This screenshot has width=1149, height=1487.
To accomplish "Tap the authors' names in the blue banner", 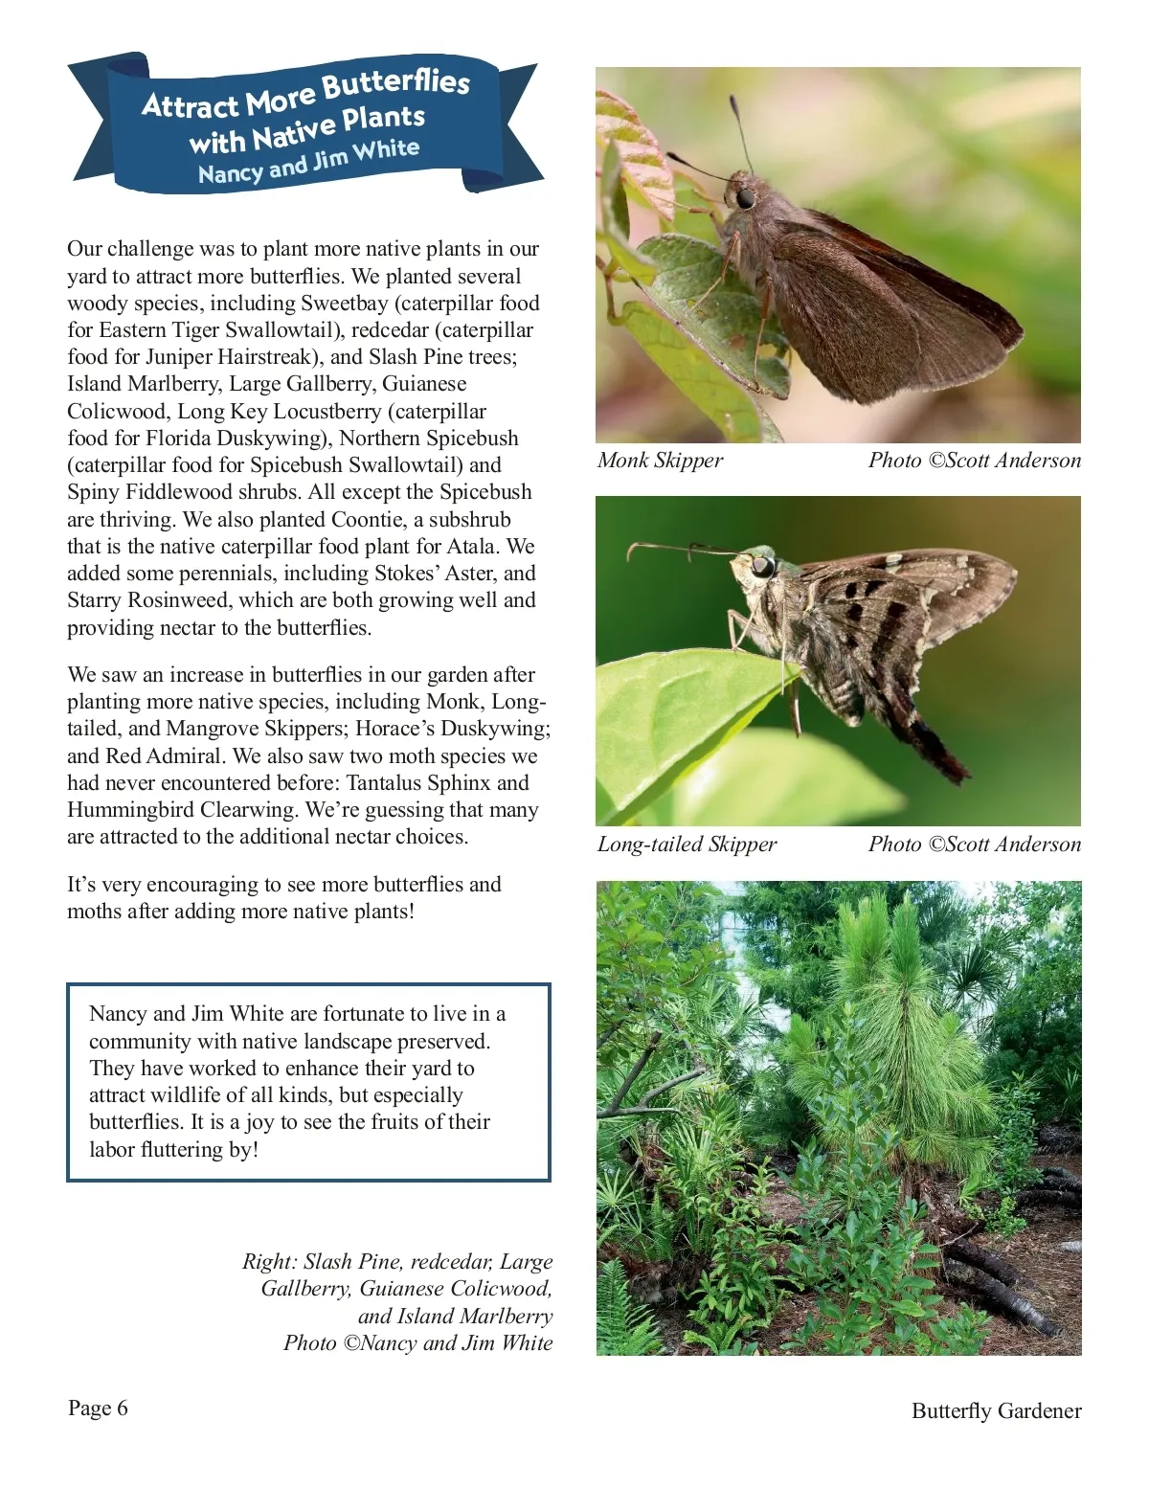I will (308, 162).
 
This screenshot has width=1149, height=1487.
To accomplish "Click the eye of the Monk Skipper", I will (744, 197).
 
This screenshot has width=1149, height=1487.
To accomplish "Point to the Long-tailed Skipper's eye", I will (762, 567).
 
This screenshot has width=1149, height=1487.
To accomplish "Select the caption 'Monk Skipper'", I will (660, 461).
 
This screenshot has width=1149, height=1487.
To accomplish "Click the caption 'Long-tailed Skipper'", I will (687, 845).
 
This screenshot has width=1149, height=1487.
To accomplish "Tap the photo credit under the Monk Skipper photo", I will (974, 461).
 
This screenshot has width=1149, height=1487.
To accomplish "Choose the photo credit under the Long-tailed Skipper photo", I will (974, 845).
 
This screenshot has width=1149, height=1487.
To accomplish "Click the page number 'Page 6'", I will (98, 1408).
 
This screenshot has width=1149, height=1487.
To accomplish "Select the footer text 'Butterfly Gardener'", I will (996, 1410).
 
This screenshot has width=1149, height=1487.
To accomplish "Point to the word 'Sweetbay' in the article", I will (344, 304).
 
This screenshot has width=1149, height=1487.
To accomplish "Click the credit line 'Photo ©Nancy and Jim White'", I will (417, 1343).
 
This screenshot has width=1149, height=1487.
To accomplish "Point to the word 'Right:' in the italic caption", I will (269, 1262).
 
